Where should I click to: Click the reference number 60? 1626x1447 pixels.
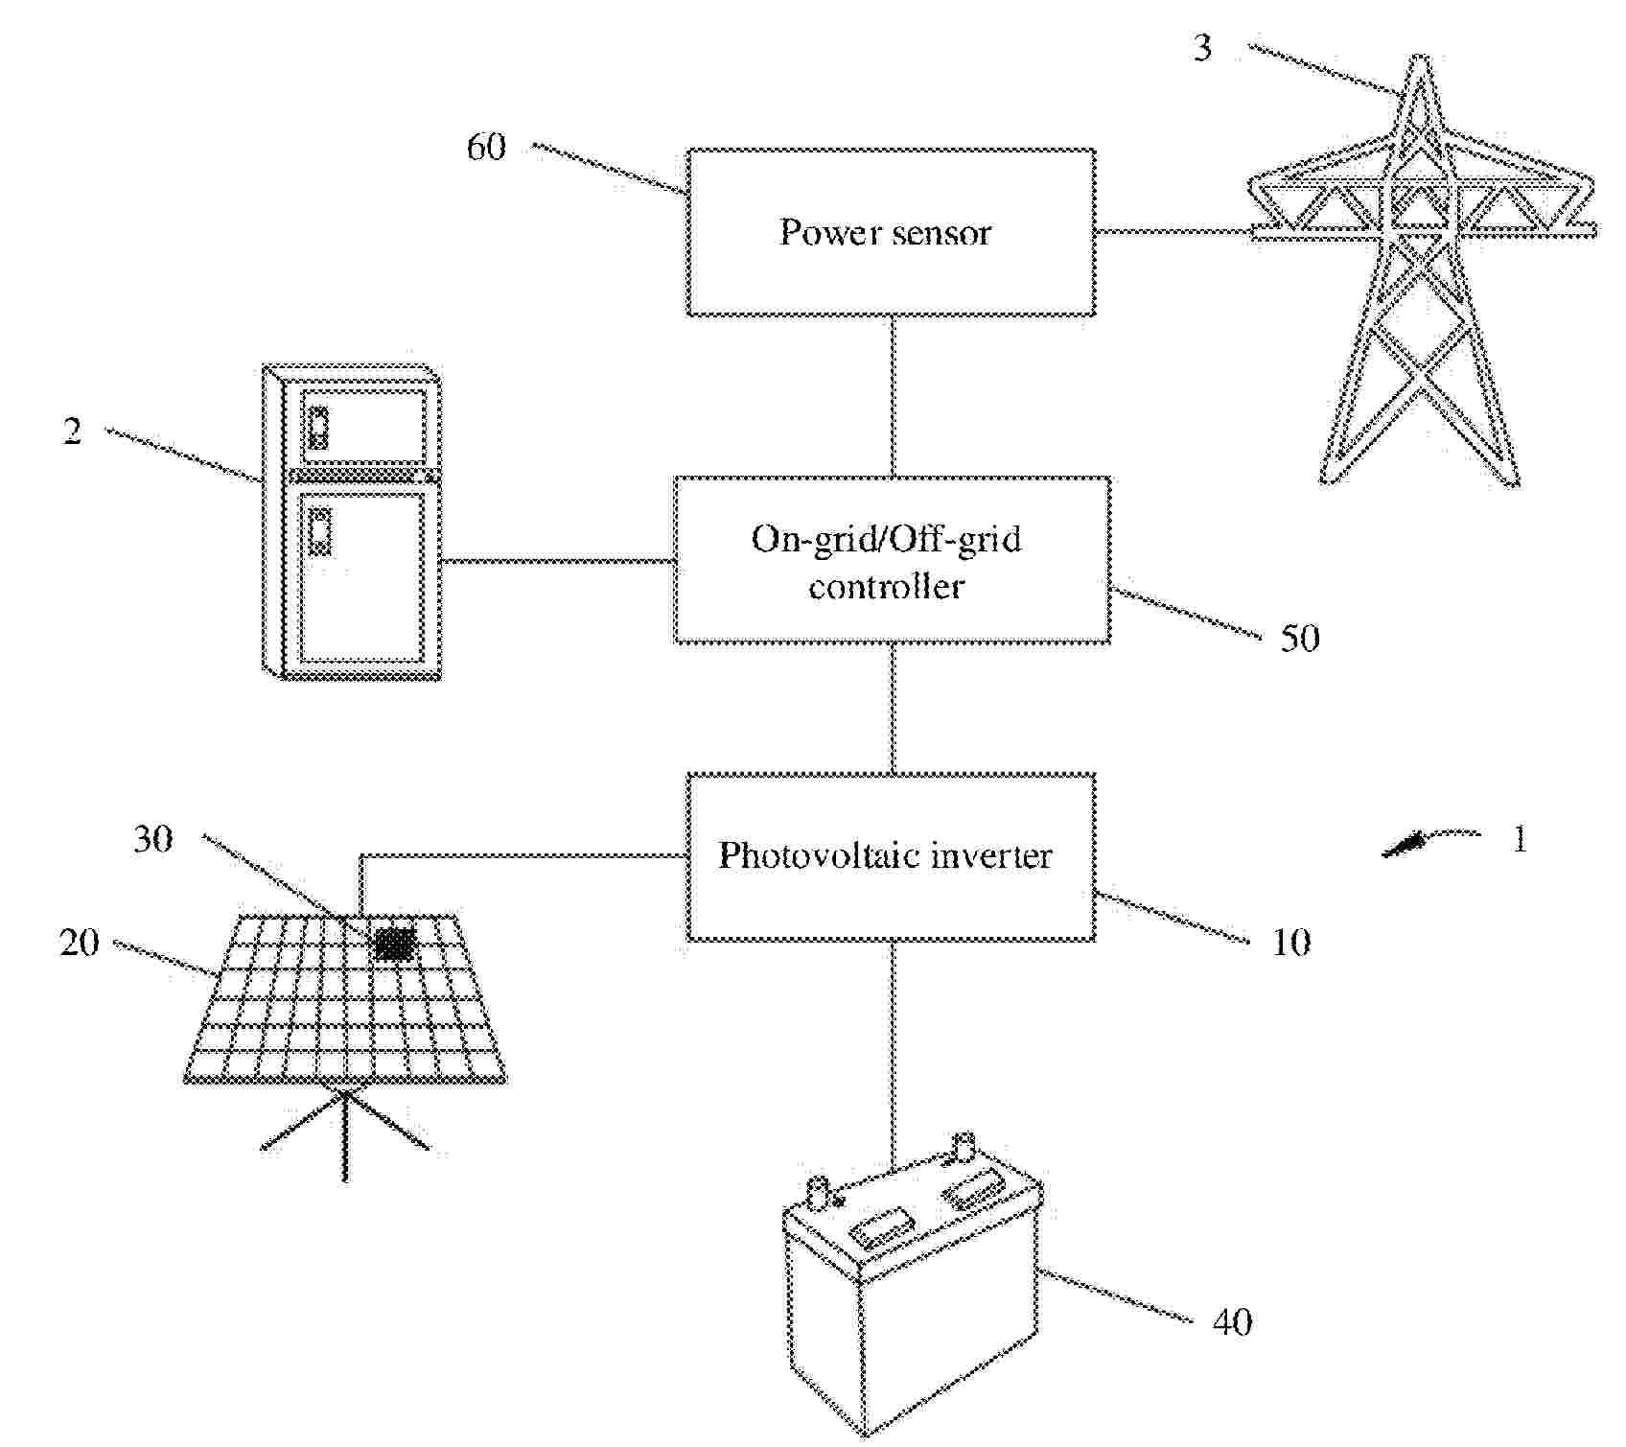coord(485,148)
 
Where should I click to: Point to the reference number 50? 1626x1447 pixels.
coord(1300,639)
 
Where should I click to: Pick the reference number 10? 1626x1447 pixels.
coord(1290,943)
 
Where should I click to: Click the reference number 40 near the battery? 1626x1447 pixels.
coord(1233,1322)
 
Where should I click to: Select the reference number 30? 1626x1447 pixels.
coord(152,840)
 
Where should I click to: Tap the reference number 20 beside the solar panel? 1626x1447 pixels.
coord(79,943)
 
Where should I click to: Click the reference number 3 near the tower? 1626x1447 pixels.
coord(1202,48)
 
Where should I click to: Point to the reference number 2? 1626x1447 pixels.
coord(73,432)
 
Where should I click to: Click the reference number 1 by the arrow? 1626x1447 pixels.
coord(1520,840)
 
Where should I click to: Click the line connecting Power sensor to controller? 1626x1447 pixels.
coord(894,396)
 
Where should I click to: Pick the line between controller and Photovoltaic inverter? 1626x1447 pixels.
coord(894,709)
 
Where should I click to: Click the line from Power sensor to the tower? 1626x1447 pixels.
coord(1173,231)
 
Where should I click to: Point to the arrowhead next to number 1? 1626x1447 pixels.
coord(1402,845)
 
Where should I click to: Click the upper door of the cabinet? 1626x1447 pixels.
coord(362,422)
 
